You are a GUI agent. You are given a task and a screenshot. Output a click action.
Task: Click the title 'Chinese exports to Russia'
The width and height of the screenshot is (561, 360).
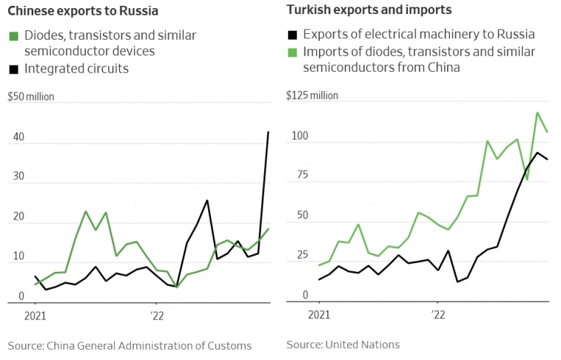[x=82, y=11]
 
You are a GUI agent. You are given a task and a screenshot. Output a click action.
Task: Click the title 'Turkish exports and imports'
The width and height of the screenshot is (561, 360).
[x=369, y=10]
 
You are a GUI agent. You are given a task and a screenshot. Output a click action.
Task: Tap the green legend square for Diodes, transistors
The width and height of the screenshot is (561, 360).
[x=13, y=36]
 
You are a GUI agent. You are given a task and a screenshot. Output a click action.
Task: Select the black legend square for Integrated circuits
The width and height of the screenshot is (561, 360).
[x=13, y=69]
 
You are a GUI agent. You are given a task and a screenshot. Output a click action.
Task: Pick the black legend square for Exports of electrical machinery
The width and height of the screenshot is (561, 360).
[x=292, y=35]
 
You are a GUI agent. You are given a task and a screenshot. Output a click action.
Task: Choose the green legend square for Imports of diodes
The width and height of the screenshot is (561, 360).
[x=292, y=52]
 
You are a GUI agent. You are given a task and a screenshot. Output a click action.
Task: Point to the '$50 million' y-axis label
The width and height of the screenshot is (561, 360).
[x=30, y=97]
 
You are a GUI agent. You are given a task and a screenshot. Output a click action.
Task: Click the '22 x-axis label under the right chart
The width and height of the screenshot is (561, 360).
[x=437, y=314]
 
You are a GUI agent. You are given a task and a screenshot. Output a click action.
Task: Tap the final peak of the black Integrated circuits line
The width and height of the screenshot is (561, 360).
[x=268, y=132]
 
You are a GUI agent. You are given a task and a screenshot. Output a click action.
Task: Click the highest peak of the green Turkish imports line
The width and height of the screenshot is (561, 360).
[x=537, y=113]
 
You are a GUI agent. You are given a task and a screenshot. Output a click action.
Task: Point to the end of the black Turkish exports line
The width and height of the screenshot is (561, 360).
[x=547, y=159]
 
